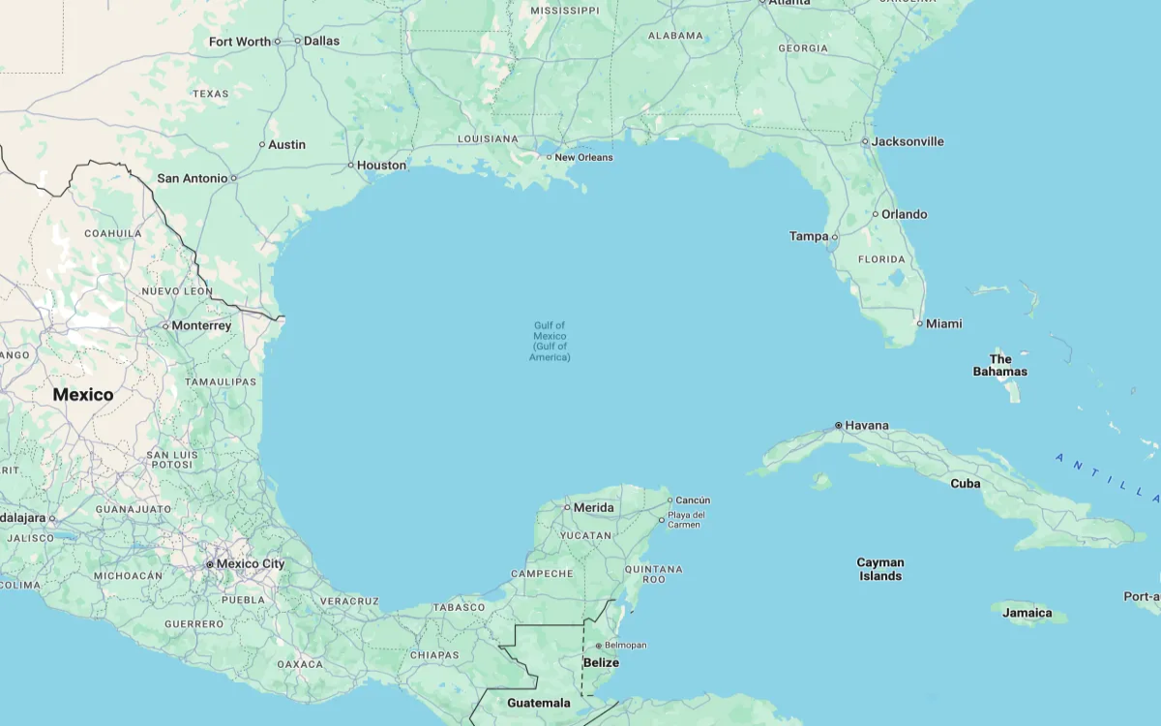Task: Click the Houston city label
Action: [x=381, y=166]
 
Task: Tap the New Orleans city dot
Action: [x=549, y=157]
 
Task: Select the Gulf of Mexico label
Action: [x=550, y=341]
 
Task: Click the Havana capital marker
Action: [x=838, y=426]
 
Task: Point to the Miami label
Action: [x=943, y=323]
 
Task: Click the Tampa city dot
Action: [x=835, y=236]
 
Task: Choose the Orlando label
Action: [x=904, y=214]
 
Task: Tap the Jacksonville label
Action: [x=908, y=141]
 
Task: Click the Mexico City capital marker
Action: [x=209, y=563]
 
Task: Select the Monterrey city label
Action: [x=201, y=325]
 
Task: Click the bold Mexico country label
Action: [x=83, y=394]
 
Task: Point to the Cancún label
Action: [x=693, y=500]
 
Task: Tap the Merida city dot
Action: [x=567, y=507]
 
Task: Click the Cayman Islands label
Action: [x=880, y=569]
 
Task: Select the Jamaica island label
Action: [x=1027, y=613]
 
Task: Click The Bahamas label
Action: [x=1000, y=365]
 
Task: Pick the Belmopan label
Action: [x=626, y=646]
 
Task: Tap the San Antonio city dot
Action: [x=233, y=178]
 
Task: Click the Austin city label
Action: [x=286, y=144]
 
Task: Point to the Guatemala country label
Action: [x=539, y=703]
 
